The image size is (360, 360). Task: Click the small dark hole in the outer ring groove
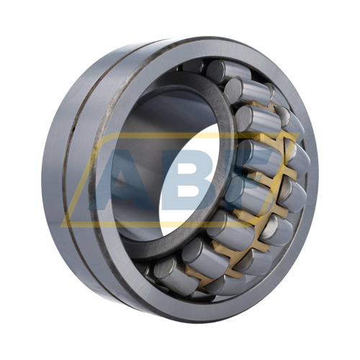click(73, 130)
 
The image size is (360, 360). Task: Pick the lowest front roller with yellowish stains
click(174, 274)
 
